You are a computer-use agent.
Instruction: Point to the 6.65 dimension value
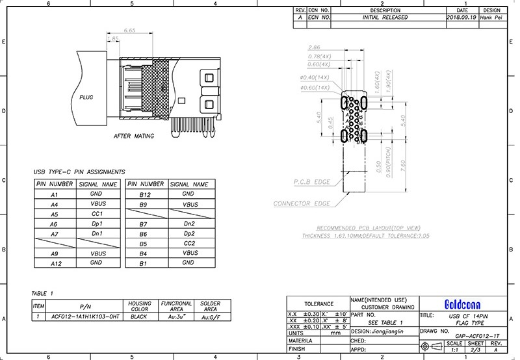point(129,31)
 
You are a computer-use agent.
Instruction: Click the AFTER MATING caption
point(134,136)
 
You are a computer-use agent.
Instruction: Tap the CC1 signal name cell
point(97,214)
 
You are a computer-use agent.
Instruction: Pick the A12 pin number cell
point(55,263)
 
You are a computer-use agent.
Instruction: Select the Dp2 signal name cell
point(188,233)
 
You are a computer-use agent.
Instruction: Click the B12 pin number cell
point(145,194)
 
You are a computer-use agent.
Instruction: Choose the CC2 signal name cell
point(188,243)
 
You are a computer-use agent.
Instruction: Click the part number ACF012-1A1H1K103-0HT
point(86,316)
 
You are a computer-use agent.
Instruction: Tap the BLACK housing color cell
point(140,316)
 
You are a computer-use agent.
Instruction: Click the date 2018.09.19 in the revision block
point(462,18)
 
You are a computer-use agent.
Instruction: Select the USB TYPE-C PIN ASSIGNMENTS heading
point(79,172)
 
